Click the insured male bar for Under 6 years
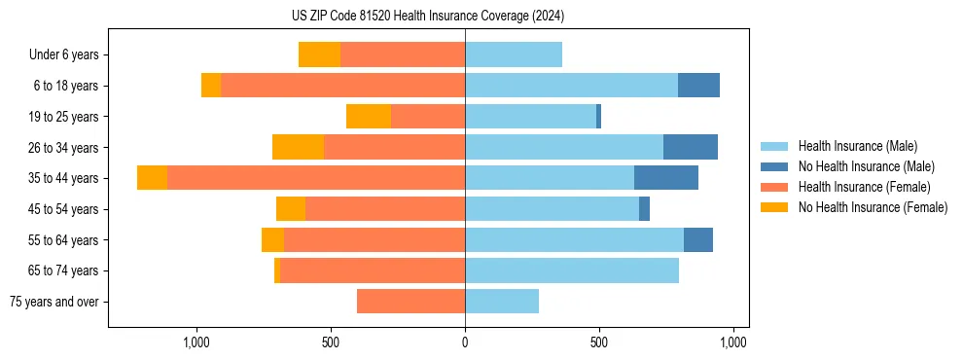coord(514,55)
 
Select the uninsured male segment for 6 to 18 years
coord(698,86)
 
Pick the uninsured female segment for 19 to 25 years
coord(369,117)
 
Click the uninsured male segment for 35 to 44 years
coord(666,178)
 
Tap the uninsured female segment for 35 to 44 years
coord(152,178)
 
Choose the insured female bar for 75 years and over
coord(410,302)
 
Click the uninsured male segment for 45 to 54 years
coord(644,209)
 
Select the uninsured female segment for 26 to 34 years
coord(298,147)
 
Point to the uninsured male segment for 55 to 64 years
coord(698,239)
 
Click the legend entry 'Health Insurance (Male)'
coord(858,146)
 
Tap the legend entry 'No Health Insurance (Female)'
coord(873,207)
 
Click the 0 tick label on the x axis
coord(465,342)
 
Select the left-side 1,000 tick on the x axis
coord(197,342)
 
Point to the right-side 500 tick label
coord(598,342)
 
